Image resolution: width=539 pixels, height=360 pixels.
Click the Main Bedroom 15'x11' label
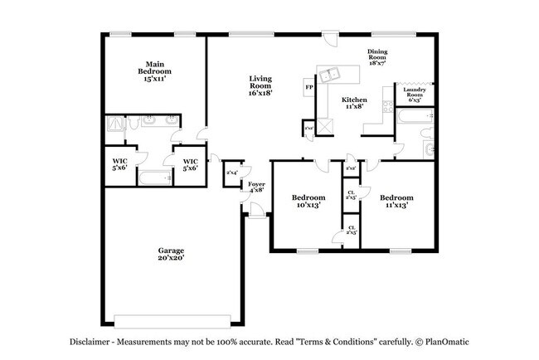[x=154, y=68]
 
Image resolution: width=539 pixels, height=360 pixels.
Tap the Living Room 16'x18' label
[x=260, y=85]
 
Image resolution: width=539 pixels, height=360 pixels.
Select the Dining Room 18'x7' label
[x=377, y=57]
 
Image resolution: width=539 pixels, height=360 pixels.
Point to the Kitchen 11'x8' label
[x=355, y=103]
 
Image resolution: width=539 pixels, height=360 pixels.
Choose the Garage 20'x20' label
[x=172, y=254]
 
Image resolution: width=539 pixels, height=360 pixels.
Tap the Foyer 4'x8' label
[x=257, y=186]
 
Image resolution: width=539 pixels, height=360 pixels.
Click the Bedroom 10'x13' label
[x=307, y=202]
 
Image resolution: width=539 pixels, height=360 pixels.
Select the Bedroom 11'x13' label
[x=396, y=202]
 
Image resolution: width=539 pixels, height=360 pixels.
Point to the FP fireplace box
[x=309, y=87]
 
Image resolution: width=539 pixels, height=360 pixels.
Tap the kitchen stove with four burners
[x=386, y=105]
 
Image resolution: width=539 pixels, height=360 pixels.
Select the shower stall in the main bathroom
[x=115, y=124]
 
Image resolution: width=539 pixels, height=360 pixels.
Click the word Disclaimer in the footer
[x=89, y=342]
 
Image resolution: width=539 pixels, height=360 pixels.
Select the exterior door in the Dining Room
[x=329, y=41]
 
